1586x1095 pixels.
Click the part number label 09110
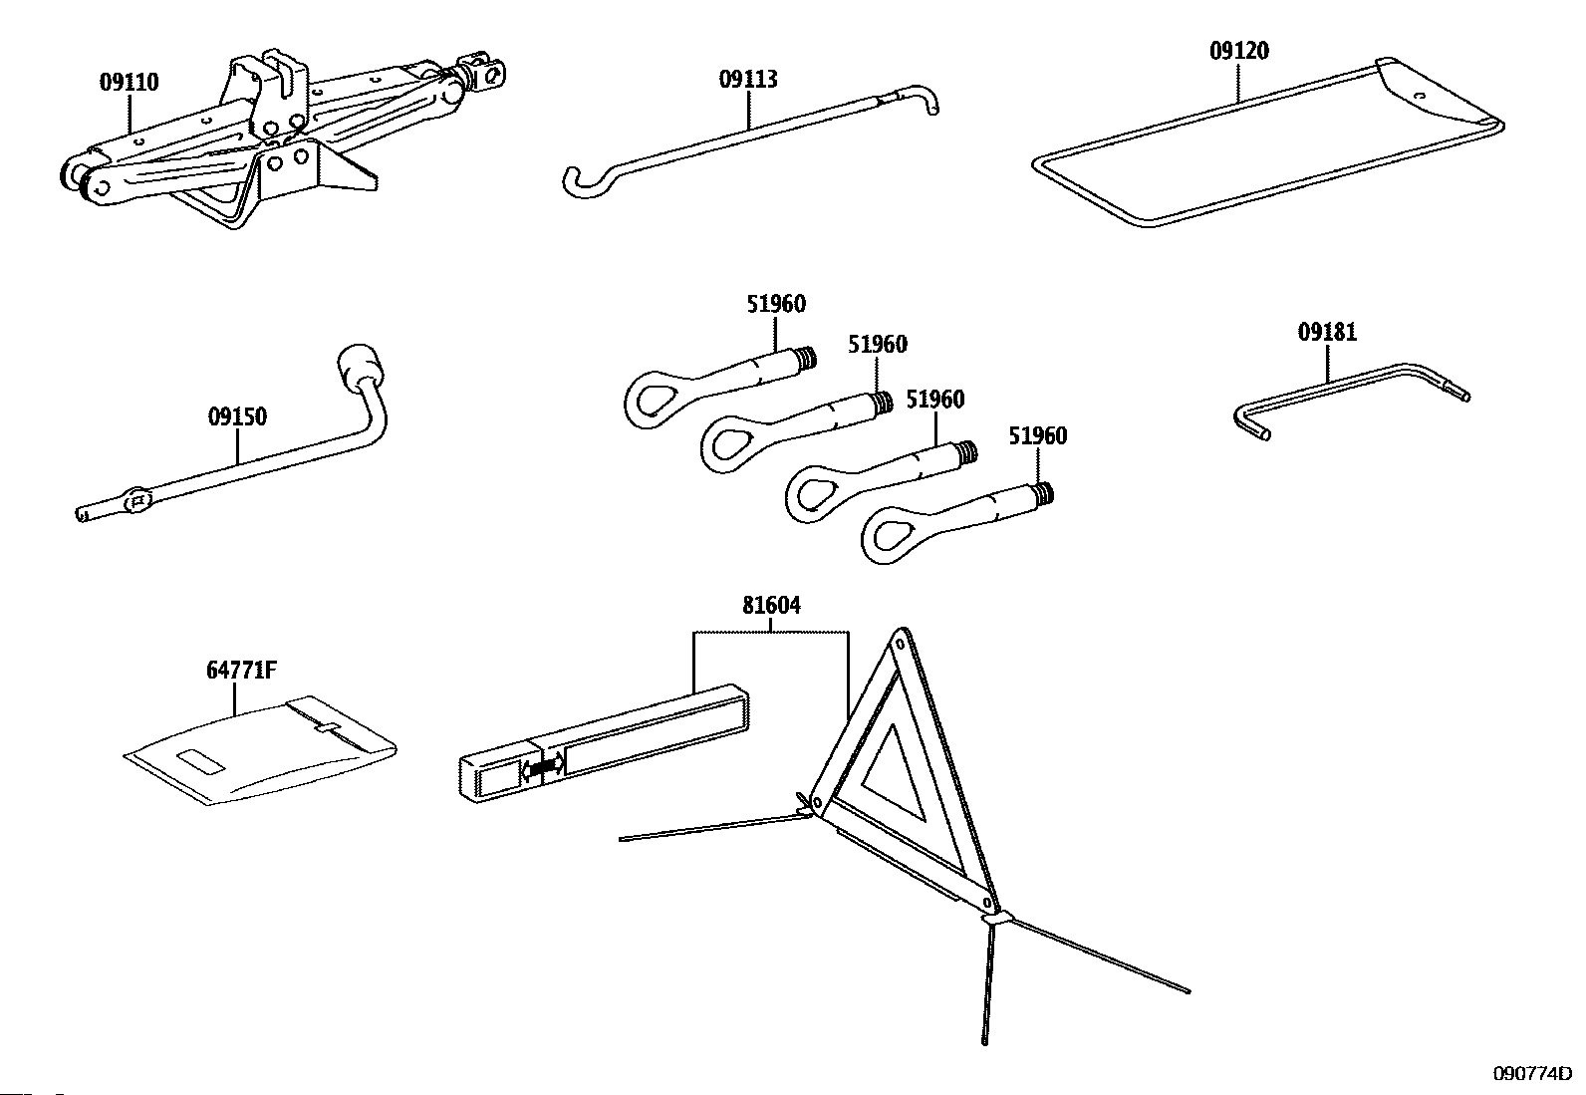coord(129,83)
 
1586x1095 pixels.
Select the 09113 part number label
coord(748,80)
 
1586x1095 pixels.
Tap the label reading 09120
coord(1239,51)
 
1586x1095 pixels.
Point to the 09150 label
coord(237,416)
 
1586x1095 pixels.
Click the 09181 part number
coord(1327,332)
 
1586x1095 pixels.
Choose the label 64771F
coord(241,671)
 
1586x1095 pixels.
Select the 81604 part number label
coord(771,606)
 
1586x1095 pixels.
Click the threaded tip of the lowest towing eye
coord(1043,493)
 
